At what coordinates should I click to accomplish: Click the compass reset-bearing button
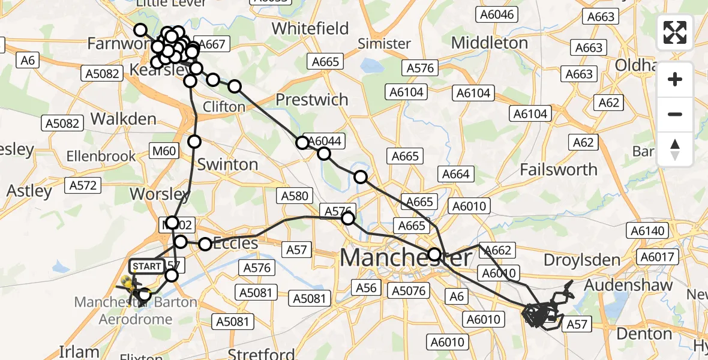tap(675, 149)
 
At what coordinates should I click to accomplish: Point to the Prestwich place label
tap(311, 100)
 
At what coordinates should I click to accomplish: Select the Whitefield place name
tap(310, 28)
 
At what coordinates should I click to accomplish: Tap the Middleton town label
tap(490, 43)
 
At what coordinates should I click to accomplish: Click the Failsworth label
tap(559, 170)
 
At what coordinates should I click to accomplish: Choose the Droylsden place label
tap(581, 260)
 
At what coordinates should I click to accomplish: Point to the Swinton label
tap(227, 164)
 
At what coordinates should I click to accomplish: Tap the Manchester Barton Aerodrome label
tap(136, 310)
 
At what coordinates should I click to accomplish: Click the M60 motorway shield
tap(164, 151)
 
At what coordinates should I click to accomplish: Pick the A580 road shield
tap(294, 196)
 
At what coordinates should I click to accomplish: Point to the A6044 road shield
tap(325, 140)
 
